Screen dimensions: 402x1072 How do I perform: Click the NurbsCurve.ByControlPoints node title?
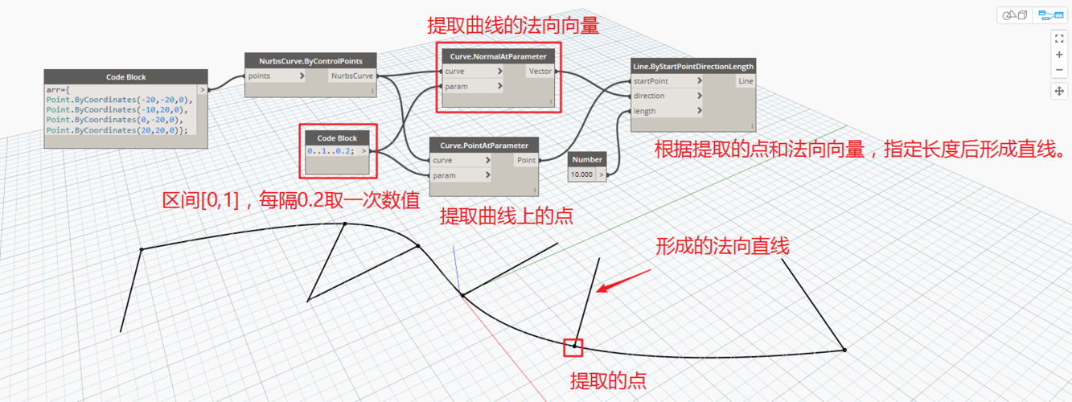click(x=310, y=61)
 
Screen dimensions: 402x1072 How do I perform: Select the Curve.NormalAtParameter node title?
click(x=499, y=57)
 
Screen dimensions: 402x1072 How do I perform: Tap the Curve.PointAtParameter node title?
click(x=484, y=146)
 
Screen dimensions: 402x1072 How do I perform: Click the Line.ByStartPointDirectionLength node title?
click(x=693, y=66)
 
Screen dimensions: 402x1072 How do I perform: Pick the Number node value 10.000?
click(x=581, y=174)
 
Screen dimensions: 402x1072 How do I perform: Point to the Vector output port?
click(x=540, y=72)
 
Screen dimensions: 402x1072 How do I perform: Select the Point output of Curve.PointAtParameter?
click(x=527, y=160)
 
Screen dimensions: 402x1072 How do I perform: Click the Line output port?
click(x=745, y=81)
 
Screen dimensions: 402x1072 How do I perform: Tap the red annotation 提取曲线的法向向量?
click(x=512, y=26)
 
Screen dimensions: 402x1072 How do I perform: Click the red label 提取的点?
click(x=608, y=380)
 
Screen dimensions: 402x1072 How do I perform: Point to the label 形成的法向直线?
click(x=722, y=247)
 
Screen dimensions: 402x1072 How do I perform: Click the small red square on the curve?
click(x=573, y=347)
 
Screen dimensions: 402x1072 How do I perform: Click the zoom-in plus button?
click(x=1058, y=55)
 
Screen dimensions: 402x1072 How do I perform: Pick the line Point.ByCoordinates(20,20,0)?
click(x=117, y=130)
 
